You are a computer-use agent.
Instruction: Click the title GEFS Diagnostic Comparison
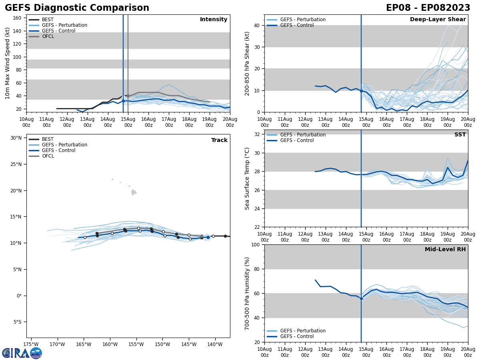click(x=77, y=8)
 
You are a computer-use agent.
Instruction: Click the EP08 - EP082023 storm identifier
click(x=428, y=8)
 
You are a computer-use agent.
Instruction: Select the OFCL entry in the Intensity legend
click(x=48, y=36)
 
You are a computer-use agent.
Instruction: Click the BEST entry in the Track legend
click(x=48, y=139)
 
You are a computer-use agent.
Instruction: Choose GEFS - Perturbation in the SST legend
click(x=302, y=135)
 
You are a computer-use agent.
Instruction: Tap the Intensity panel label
click(x=214, y=20)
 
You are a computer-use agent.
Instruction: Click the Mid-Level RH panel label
click(x=445, y=250)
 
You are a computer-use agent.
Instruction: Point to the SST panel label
click(x=460, y=135)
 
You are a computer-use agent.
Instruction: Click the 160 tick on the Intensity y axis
click(x=17, y=18)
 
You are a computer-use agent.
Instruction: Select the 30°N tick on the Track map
click(x=16, y=138)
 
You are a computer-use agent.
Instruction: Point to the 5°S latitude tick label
click(x=17, y=322)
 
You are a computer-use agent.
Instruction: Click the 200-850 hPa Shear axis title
click(x=247, y=64)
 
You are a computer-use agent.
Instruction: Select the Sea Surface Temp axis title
click(x=247, y=178)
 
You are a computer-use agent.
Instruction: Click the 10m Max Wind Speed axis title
click(x=8, y=63)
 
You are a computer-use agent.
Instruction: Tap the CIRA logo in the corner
click(x=22, y=353)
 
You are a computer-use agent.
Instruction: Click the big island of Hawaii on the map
click(x=134, y=192)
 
